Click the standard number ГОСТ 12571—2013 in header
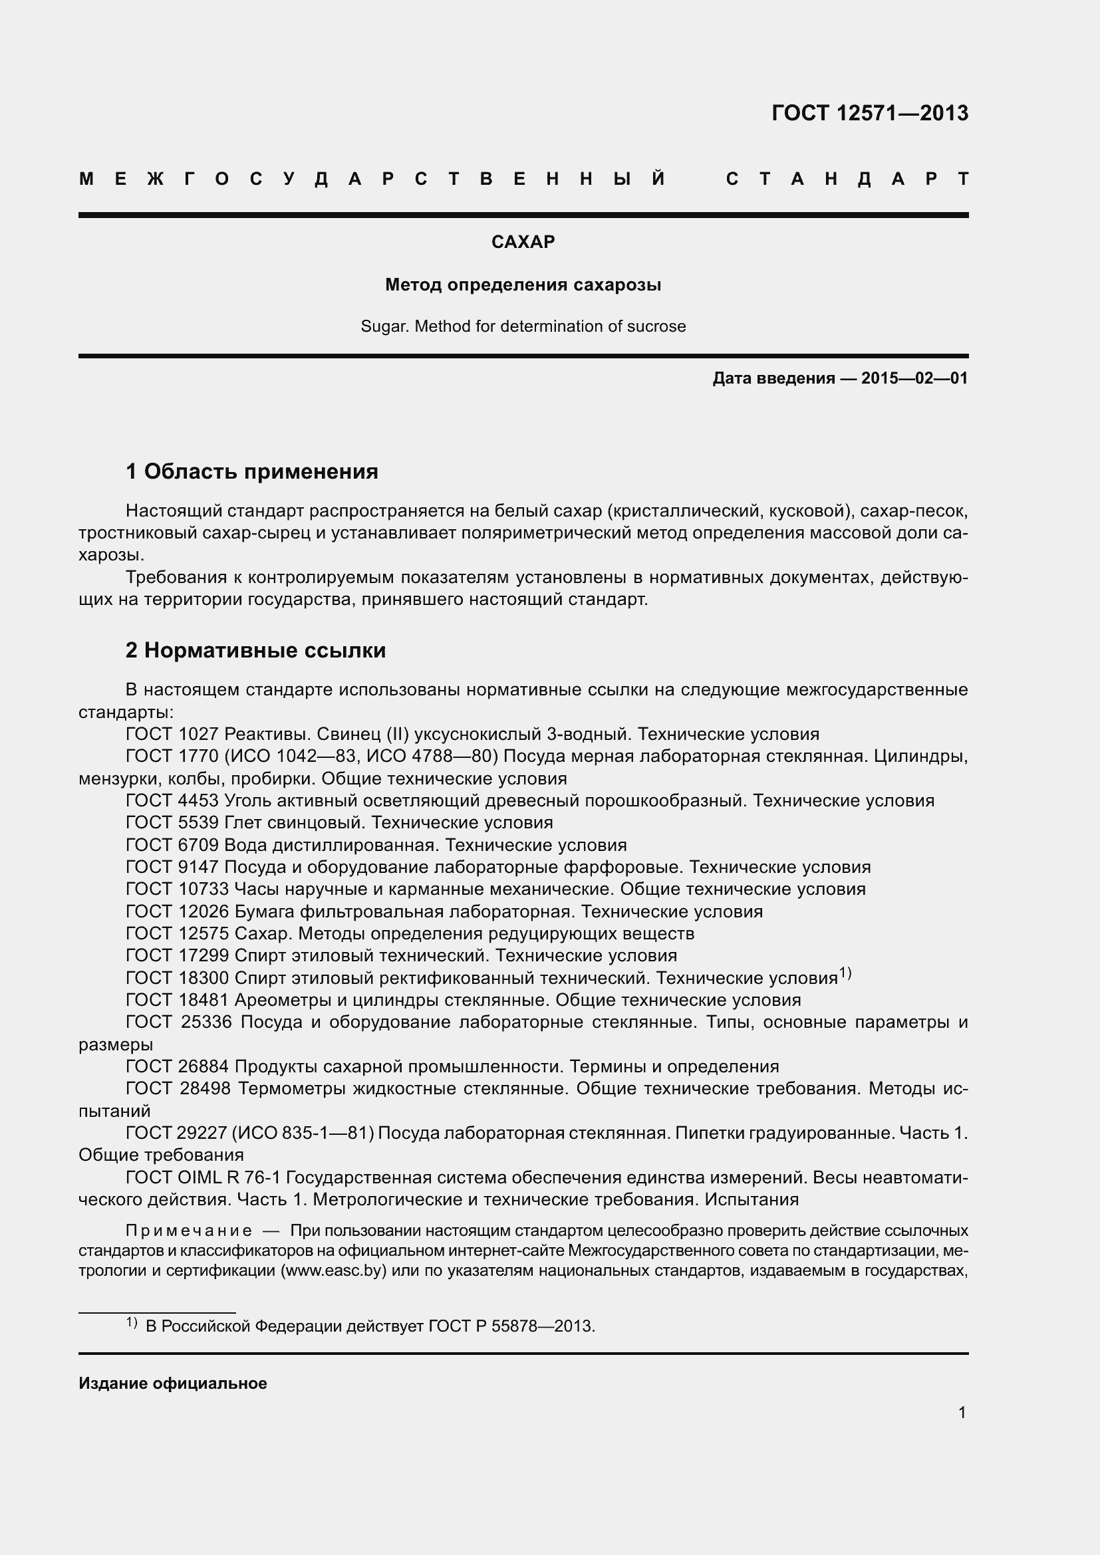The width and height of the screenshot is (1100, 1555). pos(870,113)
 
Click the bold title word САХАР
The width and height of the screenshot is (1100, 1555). pos(523,242)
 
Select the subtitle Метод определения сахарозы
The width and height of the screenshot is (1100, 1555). pos(523,285)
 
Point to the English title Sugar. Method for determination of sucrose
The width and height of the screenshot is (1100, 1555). pos(523,326)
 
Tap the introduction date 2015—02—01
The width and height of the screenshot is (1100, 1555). pos(914,378)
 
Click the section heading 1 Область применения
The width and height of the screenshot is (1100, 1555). pos(252,471)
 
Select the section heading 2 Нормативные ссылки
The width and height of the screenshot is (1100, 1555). pos(255,650)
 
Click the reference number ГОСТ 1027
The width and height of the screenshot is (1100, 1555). pos(172,734)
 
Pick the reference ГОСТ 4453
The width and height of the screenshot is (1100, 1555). pos(172,800)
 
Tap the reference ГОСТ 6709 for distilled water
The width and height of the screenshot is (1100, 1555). pos(172,845)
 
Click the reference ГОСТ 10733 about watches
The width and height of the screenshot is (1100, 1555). pos(178,890)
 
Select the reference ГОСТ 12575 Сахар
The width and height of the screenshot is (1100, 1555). pos(178,933)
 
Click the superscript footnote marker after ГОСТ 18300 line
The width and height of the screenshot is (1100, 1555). pos(845,974)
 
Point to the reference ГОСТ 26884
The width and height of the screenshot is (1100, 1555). pos(178,1066)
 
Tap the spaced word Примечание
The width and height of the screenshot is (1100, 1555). pos(189,1231)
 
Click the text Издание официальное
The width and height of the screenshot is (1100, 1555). pos(173,1383)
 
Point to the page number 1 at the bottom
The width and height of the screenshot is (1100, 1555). pos(962,1413)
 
